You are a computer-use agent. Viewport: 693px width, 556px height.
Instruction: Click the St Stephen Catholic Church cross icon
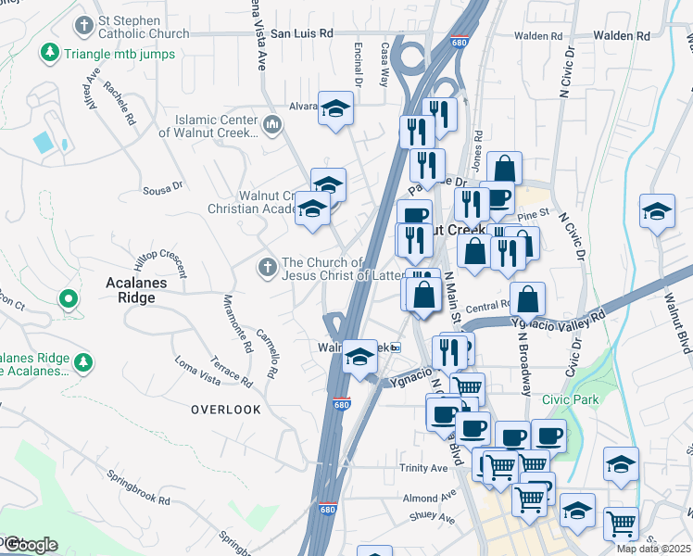[85, 24]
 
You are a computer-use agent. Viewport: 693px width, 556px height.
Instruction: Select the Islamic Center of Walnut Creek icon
[272, 124]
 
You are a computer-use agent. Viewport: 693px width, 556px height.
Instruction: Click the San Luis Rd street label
[301, 33]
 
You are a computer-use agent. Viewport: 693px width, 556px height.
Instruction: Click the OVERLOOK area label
[226, 409]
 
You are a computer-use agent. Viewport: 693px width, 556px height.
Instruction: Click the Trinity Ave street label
[423, 468]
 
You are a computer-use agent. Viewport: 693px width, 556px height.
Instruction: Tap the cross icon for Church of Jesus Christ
[267, 268]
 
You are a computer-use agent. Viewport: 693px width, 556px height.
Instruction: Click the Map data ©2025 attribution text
[653, 549]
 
